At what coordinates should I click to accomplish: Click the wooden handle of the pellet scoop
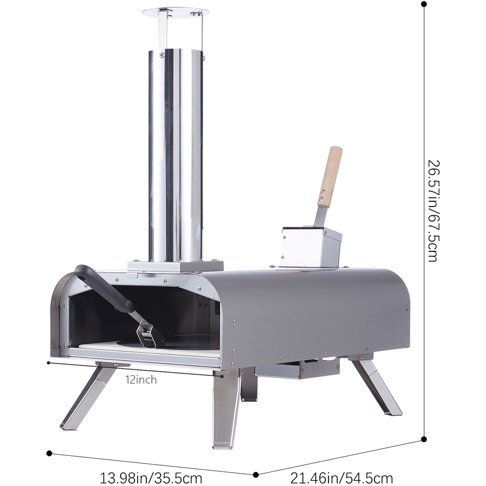[x=330, y=176]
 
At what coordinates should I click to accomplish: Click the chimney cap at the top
[x=175, y=13]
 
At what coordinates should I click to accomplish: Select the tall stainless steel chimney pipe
[x=175, y=156]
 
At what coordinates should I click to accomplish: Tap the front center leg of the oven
[x=226, y=408]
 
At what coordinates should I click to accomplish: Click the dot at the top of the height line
[x=424, y=4]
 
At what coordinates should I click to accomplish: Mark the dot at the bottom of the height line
[x=424, y=439]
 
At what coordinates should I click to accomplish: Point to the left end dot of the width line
[x=49, y=453]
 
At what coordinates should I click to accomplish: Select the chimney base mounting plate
[x=175, y=266]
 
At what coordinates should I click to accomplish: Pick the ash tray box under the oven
[x=296, y=369]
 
